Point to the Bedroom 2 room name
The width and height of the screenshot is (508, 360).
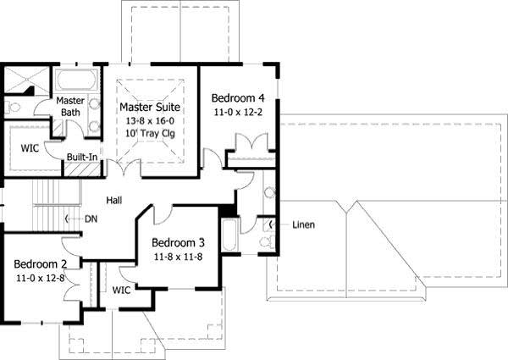tap(41, 263)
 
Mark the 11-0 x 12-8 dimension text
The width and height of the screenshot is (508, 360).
tap(41, 277)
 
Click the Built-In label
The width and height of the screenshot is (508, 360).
tap(83, 157)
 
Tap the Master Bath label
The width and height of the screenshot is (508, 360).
tap(69, 108)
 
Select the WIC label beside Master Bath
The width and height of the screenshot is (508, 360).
tap(30, 147)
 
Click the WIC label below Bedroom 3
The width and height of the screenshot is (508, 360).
tap(121, 290)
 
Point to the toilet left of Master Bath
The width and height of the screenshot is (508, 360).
tap(13, 108)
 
